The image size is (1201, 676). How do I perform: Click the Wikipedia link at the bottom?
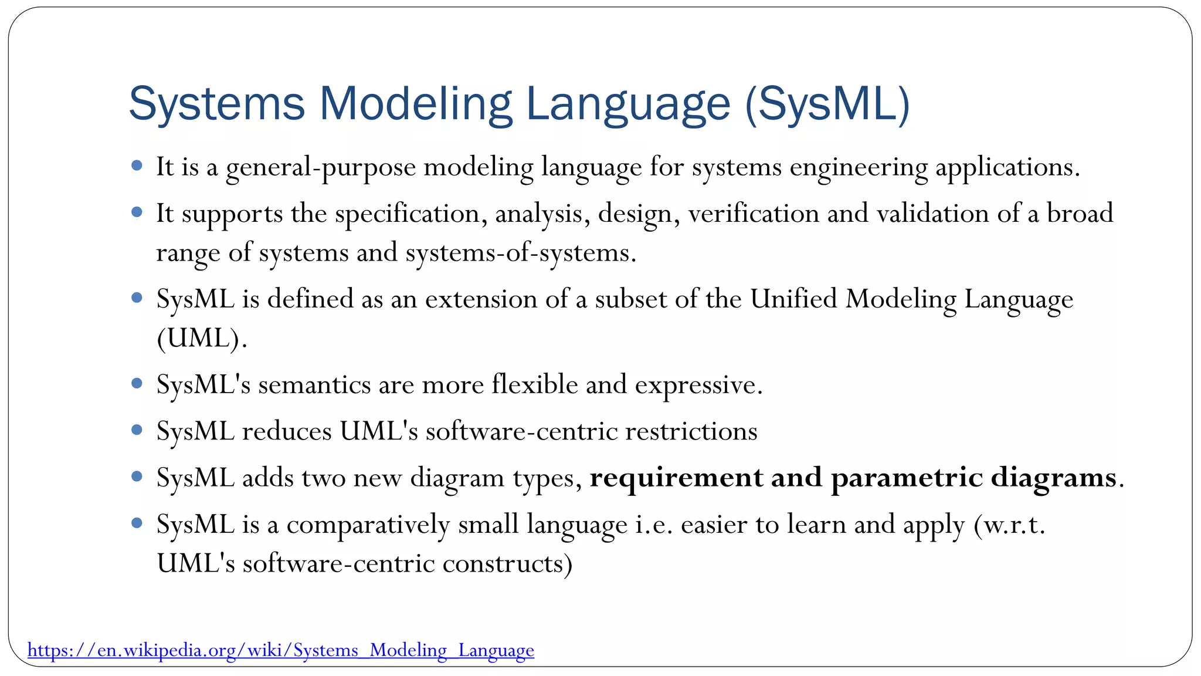tap(280, 650)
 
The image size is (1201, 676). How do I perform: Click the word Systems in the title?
tap(216, 104)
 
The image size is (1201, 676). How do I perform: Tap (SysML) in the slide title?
tap(827, 104)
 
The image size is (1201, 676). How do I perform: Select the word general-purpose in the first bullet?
tap(321, 168)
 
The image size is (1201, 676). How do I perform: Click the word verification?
tap(753, 214)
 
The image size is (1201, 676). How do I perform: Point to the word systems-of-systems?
tap(520, 253)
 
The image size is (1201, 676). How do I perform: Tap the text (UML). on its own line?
tap(202, 339)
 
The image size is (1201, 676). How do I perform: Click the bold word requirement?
tap(676, 478)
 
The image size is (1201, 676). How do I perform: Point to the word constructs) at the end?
tap(507, 564)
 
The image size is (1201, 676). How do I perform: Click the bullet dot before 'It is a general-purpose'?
tap(137, 166)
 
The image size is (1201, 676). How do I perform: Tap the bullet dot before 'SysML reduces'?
tap(137, 430)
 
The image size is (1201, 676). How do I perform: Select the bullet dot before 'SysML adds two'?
tap(137, 476)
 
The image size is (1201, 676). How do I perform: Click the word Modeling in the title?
tap(415, 104)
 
